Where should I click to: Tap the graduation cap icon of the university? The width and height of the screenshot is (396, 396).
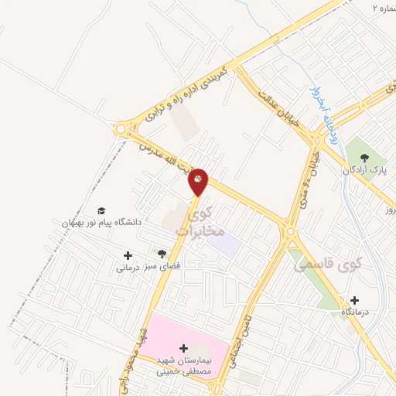(101, 210)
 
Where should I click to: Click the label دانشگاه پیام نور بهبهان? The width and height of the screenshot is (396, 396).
(98, 223)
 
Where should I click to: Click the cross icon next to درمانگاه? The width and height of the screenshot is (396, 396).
(354, 300)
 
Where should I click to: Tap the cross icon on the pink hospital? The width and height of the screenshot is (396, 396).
(183, 348)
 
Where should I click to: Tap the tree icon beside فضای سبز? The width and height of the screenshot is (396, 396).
(162, 254)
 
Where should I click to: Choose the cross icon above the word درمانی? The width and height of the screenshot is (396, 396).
(128, 255)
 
